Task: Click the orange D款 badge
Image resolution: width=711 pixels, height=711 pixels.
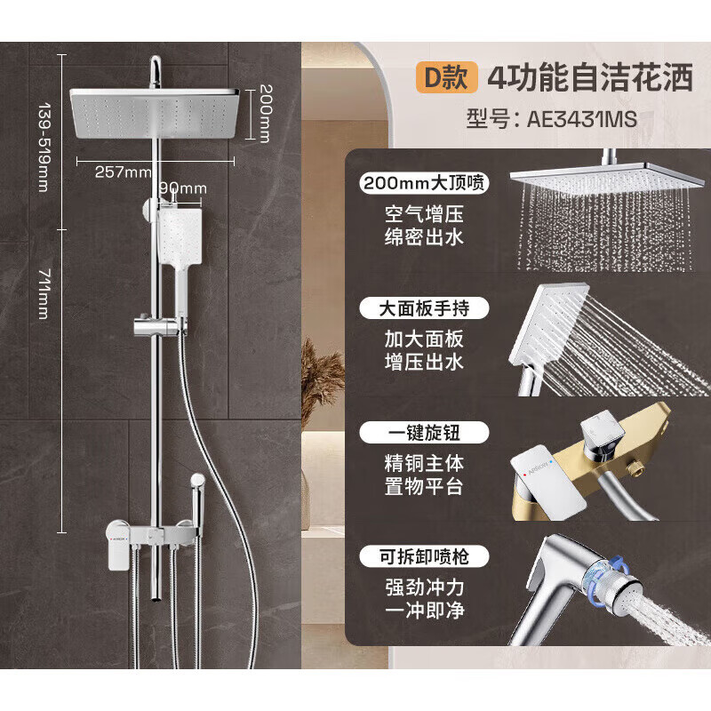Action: point(449,78)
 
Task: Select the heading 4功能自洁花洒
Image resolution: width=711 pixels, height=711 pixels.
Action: point(589,78)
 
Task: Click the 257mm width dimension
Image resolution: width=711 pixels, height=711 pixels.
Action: point(122,172)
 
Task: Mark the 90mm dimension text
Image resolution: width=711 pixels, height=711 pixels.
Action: point(182,188)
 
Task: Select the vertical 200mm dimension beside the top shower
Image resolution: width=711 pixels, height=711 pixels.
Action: point(265,114)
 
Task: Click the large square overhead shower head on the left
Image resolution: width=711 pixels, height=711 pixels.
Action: point(155,114)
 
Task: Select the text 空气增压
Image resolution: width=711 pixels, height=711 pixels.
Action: point(425,214)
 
